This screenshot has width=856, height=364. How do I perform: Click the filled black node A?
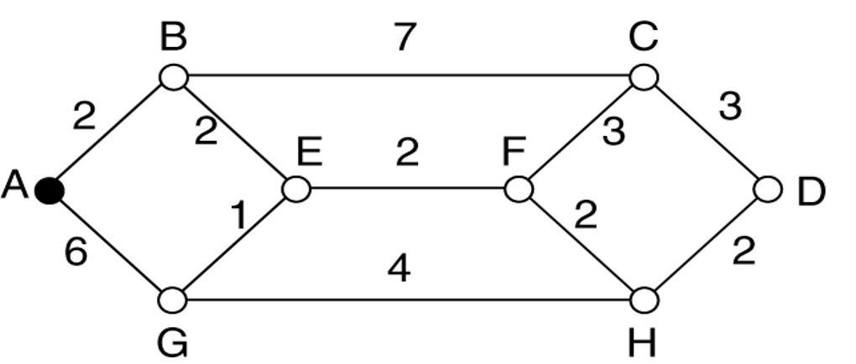tap(50, 191)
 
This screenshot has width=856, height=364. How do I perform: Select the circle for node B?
tap(173, 77)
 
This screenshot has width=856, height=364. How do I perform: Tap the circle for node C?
tap(644, 77)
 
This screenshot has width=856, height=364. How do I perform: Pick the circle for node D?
tap(768, 190)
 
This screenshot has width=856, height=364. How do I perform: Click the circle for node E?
tap(296, 189)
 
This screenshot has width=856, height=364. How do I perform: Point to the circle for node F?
tap(519, 189)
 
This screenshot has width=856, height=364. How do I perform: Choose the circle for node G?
tap(173, 299)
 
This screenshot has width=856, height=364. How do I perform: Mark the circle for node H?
tap(645, 299)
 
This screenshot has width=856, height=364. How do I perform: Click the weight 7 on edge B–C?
tap(405, 37)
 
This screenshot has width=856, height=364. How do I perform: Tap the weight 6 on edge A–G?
tap(76, 252)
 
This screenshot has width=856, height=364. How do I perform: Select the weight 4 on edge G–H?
tap(399, 269)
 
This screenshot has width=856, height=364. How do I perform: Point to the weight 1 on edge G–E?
tap(239, 216)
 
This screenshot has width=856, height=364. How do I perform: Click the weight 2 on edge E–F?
tap(407, 152)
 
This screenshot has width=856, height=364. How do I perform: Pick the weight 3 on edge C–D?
tap(729, 107)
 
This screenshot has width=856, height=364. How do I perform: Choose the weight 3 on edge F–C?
tap(613, 132)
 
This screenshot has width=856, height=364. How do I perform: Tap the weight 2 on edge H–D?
tap(744, 251)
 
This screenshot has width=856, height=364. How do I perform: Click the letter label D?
tap(811, 192)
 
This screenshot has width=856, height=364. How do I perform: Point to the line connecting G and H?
tap(408, 299)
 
